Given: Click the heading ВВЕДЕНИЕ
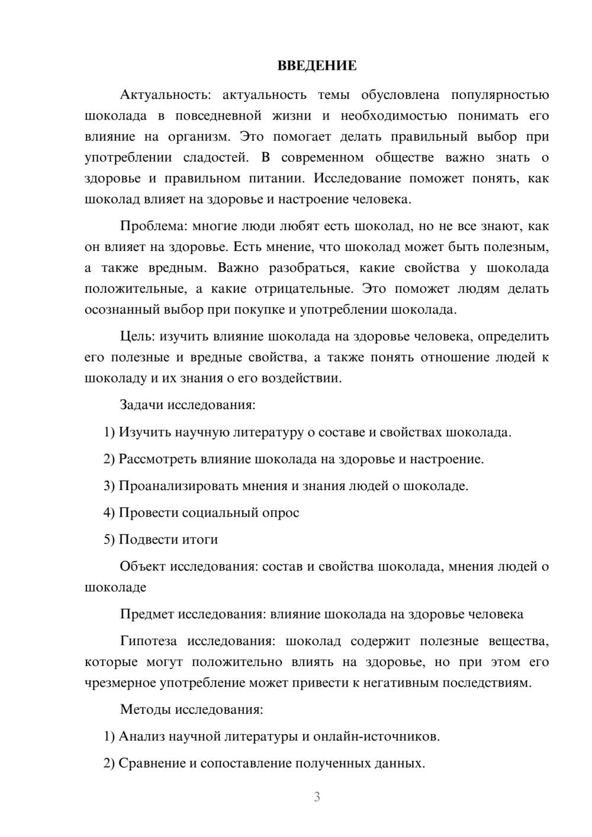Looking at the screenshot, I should point(317,66).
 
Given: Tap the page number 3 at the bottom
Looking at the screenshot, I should point(317,797).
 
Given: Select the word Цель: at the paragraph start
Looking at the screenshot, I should point(137,336).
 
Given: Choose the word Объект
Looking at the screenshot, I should point(143,566).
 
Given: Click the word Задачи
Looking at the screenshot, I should point(141,405).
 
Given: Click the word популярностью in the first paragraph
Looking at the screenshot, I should point(500,95).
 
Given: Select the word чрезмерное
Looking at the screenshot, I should point(120,683).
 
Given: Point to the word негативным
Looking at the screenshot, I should point(417,683).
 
